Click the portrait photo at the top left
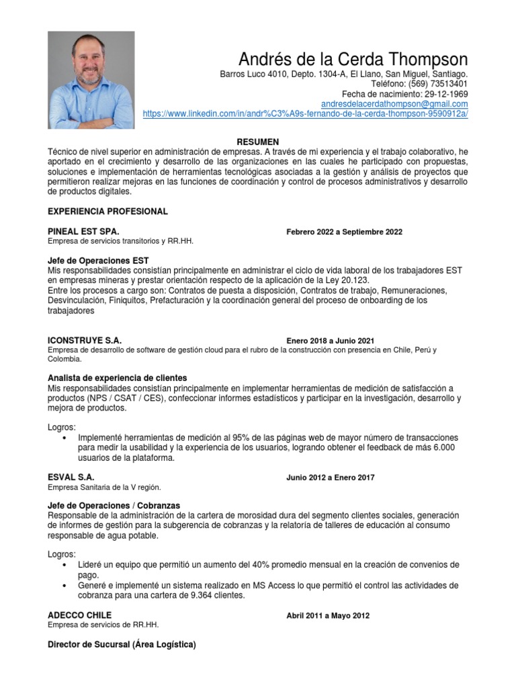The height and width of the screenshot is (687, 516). click(91, 80)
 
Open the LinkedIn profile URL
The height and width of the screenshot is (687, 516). click(305, 114)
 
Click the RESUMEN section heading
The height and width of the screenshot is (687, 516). click(258, 142)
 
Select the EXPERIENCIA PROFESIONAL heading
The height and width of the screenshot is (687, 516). click(107, 211)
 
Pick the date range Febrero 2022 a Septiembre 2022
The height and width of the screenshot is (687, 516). click(344, 232)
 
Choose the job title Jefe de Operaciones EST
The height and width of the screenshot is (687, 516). click(98, 260)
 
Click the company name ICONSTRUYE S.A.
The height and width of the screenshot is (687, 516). click(85, 340)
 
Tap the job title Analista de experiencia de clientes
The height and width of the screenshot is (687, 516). click(118, 378)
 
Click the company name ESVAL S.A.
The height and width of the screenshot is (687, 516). click(71, 477)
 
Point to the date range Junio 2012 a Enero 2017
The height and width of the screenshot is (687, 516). click(330, 478)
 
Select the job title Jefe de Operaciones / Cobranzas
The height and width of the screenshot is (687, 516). click(114, 505)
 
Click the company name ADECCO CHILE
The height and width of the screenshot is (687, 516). click(80, 615)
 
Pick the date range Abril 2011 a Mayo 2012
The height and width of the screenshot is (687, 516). click(327, 616)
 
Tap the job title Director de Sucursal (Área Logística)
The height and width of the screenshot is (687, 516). click(122, 645)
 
